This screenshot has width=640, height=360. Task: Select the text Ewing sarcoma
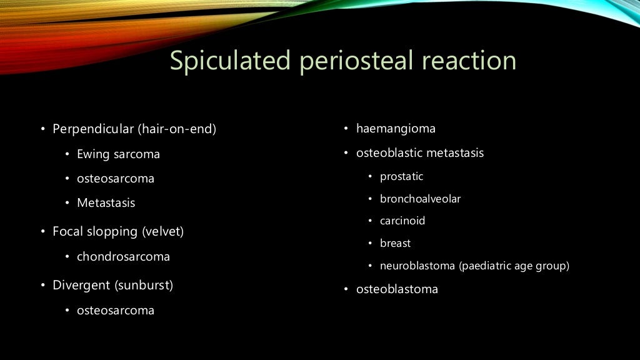point(118,154)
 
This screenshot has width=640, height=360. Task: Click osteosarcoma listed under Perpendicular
point(116,178)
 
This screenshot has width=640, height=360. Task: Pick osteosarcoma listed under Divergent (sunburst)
point(116,310)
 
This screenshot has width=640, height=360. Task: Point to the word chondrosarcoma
point(123,256)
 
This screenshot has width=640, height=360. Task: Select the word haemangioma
point(396,129)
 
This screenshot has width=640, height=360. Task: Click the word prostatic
point(401,176)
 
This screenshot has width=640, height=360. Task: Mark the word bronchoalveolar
point(420,199)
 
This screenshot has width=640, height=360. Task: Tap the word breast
point(395,243)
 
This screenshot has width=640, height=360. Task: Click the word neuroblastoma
point(417,266)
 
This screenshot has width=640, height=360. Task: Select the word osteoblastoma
point(397,289)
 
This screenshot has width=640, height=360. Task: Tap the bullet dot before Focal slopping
point(43,232)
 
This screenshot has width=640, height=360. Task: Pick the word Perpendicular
point(93,129)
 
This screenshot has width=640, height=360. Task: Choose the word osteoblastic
point(387,152)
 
